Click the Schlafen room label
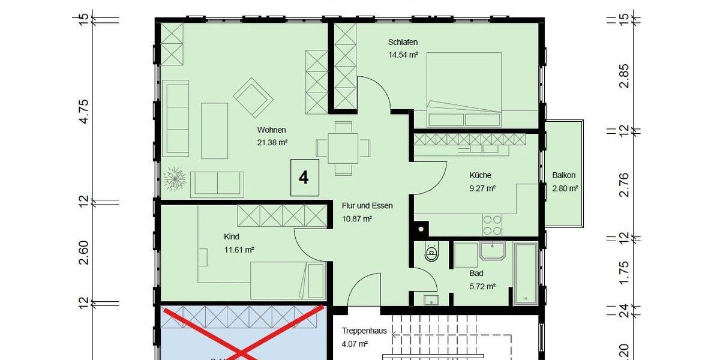403,42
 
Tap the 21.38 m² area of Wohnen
272,142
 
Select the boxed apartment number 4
304,178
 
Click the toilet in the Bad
431,254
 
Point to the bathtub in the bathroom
526,273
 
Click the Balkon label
564,176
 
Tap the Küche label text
480,175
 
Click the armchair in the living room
253,98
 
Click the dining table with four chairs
343,148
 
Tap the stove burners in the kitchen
493,225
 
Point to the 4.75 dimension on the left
84,111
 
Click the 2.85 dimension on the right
625,75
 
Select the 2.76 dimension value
625,184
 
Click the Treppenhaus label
364,331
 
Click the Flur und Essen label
367,206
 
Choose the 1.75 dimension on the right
625,273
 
